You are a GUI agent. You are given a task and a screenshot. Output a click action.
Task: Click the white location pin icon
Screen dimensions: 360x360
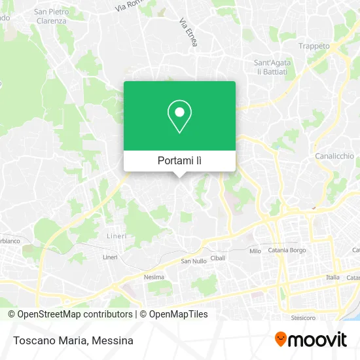179,115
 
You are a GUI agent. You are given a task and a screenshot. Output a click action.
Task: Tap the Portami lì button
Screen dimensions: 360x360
179,160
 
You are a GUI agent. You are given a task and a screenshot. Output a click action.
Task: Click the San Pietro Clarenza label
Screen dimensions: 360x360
51,16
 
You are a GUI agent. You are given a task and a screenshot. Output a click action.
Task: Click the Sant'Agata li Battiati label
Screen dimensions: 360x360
273,66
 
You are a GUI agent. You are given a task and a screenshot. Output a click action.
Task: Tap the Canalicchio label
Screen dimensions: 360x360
334,156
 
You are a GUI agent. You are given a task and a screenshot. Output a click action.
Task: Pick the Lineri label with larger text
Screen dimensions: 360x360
115,235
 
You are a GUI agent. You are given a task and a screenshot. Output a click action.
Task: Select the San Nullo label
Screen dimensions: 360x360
194,261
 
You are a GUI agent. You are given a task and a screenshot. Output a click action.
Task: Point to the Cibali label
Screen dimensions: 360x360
218,258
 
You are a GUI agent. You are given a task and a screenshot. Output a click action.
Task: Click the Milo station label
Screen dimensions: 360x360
255,251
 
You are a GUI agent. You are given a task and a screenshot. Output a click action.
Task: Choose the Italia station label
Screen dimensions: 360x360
333,278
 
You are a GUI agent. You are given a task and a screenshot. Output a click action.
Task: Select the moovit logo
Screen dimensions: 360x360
311,339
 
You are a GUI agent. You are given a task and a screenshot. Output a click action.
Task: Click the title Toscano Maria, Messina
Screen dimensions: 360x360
71,340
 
